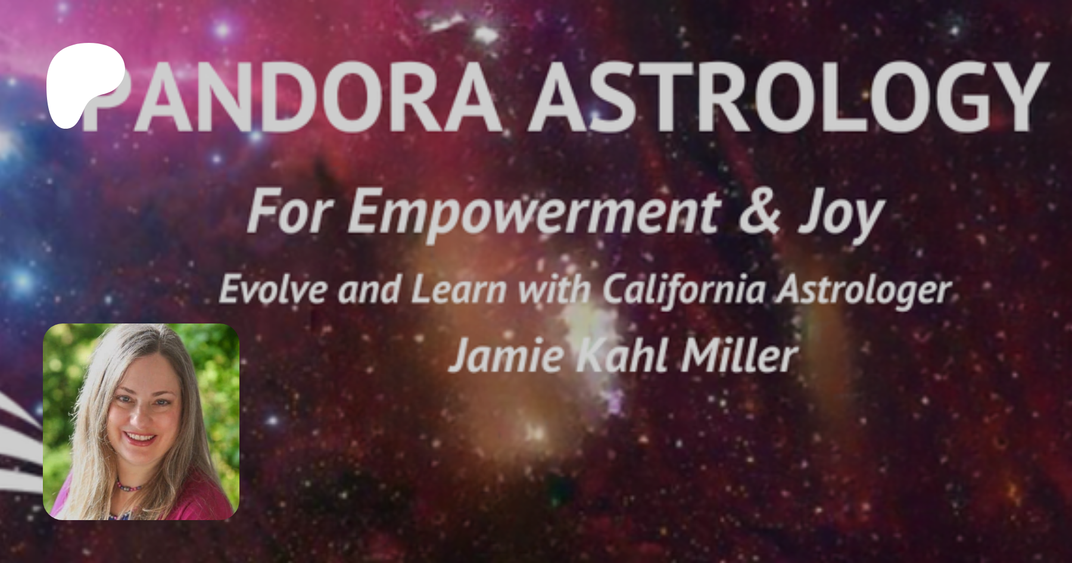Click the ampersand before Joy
point(759,211)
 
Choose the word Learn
point(459,290)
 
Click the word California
point(683,290)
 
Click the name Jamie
point(506,356)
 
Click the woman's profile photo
point(141,422)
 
